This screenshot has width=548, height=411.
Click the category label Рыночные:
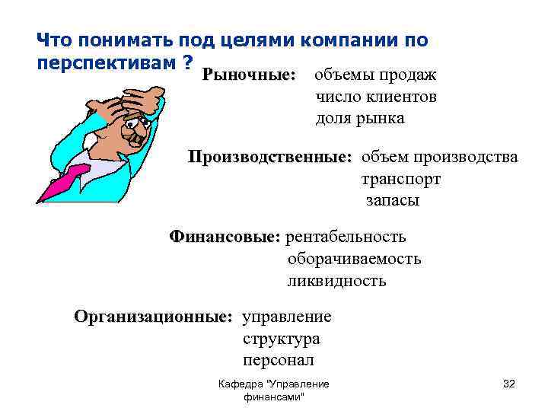248,76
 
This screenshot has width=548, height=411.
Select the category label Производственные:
270,158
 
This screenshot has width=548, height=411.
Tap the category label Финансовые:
225,237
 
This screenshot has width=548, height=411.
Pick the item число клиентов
376,97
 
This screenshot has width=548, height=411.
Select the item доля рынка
360,119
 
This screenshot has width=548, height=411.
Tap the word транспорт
400,180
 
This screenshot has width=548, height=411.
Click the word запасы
392,201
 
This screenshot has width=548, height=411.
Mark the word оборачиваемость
354,259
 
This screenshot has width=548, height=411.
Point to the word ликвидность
336,281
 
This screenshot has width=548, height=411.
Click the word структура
281,338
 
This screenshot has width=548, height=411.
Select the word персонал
279,360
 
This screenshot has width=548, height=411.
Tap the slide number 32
509,384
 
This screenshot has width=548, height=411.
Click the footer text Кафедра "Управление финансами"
273,390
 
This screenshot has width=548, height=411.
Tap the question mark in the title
186,61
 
